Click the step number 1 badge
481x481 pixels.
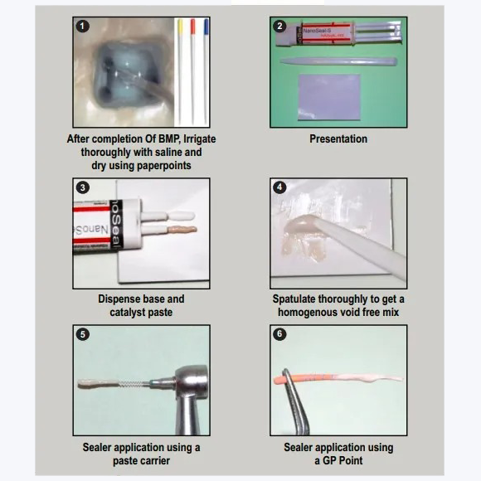point(83,27)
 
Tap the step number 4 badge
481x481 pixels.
point(279,187)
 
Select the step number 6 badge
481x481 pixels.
point(279,333)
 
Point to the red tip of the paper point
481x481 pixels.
point(192,27)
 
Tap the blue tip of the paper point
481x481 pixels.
point(206,27)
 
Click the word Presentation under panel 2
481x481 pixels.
point(338,139)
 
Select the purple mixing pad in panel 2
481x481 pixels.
point(329,97)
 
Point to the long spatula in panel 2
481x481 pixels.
point(338,61)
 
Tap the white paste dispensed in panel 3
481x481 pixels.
point(182,216)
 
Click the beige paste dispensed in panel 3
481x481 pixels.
point(182,230)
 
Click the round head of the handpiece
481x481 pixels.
point(192,381)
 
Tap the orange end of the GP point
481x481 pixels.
point(279,380)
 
